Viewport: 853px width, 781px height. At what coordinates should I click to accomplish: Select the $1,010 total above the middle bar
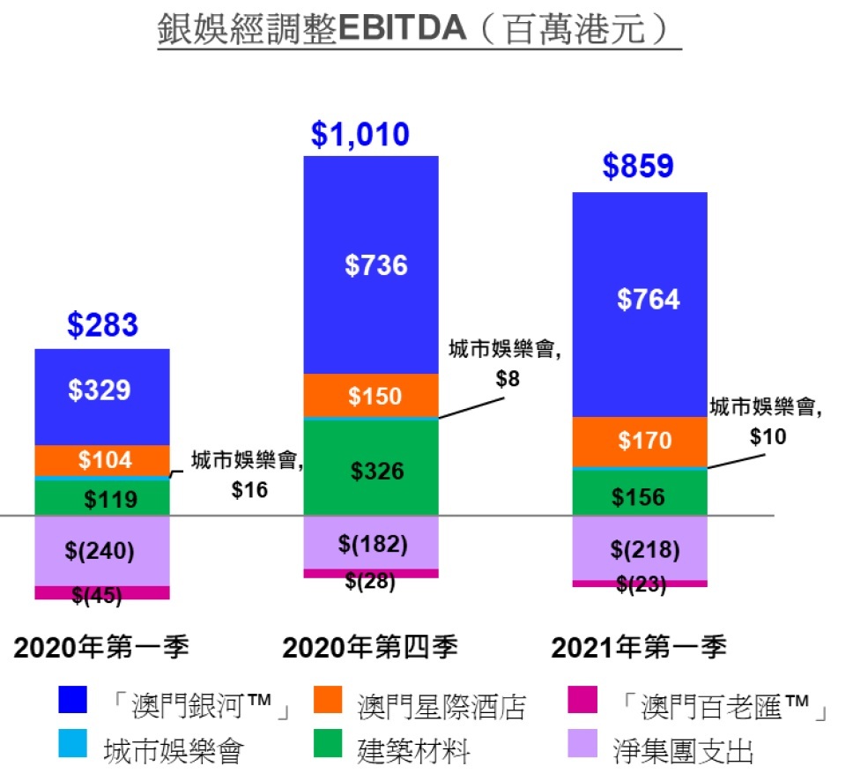[x=360, y=135]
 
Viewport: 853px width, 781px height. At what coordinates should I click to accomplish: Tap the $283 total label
[x=102, y=325]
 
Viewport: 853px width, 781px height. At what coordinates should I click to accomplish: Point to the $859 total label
[x=638, y=167]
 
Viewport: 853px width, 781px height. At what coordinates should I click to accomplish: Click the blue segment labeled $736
[x=371, y=264]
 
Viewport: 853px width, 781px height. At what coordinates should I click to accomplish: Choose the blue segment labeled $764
[x=640, y=300]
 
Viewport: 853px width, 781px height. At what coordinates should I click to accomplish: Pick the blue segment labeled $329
[x=102, y=391]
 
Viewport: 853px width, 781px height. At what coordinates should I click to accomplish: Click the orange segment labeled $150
[x=371, y=396]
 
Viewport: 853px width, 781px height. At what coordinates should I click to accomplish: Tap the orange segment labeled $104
[x=102, y=459]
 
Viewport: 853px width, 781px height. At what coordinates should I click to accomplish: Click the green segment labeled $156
[x=640, y=496]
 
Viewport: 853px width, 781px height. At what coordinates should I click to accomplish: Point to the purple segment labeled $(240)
[x=102, y=552]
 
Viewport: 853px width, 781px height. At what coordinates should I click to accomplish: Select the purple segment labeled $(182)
[x=371, y=544]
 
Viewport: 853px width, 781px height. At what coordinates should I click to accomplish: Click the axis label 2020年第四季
[x=370, y=648]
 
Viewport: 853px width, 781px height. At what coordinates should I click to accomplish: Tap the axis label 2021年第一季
[x=639, y=648]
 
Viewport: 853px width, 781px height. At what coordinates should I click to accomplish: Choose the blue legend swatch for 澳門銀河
[x=73, y=702]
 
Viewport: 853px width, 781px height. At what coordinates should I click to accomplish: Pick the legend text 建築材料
[x=413, y=752]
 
